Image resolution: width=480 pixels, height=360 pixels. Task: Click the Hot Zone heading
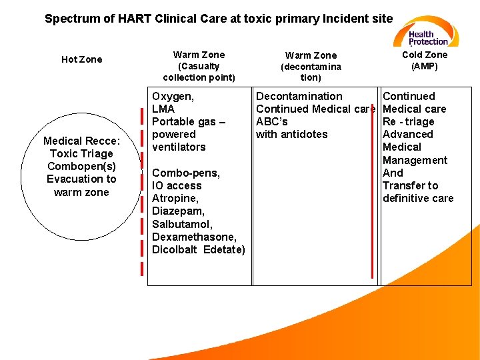pos(82,59)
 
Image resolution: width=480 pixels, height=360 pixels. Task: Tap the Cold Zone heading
pos(425,55)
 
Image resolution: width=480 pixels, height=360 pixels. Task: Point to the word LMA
pos(163,109)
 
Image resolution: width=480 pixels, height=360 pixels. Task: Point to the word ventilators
pos(179,147)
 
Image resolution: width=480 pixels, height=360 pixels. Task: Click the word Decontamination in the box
pos(299,96)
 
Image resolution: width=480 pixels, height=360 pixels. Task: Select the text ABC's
pos(272,121)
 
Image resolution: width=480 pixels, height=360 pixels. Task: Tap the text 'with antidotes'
pos(292,134)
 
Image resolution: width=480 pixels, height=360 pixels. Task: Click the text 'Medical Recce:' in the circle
pos(81,141)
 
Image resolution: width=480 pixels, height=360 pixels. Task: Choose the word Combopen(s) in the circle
pos(81,166)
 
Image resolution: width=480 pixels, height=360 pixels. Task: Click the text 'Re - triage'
pos(409,121)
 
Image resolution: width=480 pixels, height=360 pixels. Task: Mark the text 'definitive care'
pos(418,198)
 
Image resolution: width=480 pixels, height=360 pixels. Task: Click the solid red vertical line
pos(372,200)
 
